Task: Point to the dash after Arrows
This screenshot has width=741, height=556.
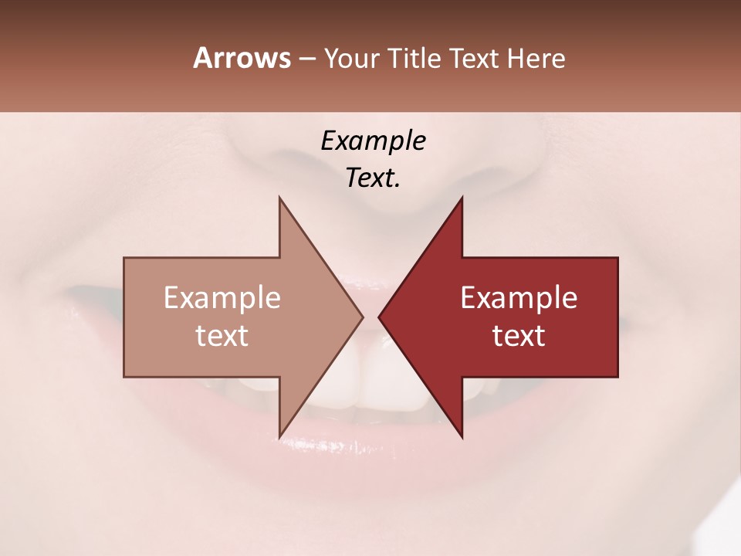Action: click(306, 59)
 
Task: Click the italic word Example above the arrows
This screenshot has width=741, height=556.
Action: click(373, 141)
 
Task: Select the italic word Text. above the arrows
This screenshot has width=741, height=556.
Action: click(373, 178)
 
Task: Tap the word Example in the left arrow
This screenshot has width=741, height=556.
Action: click(222, 298)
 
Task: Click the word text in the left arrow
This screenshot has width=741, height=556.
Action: click(222, 335)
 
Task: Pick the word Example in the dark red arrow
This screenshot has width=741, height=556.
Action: click(519, 298)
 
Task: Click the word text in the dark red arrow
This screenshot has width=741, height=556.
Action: click(519, 335)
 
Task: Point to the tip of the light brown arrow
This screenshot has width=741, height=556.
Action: click(361, 317)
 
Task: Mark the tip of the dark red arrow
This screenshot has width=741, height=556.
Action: click(381, 317)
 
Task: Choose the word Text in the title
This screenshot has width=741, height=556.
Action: click(475, 59)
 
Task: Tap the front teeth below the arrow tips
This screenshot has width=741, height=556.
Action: click(370, 371)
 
